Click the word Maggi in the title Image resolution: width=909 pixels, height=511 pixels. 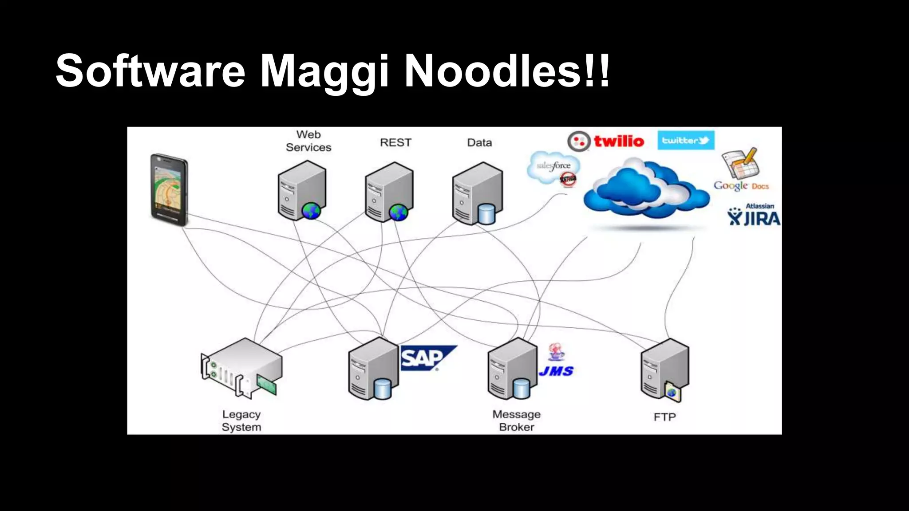[324, 71]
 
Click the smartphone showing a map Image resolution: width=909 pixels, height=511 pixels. [169, 189]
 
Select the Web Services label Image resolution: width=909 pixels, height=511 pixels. [308, 141]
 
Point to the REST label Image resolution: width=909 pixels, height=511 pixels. [395, 142]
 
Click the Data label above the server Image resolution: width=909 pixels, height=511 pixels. [479, 142]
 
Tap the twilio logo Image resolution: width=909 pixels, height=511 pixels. [606, 141]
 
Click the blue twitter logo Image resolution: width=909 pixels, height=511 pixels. [685, 140]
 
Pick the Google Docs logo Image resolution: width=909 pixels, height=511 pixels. [741, 171]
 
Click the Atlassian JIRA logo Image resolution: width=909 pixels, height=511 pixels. [754, 215]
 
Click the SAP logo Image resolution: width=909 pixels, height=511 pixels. [426, 358]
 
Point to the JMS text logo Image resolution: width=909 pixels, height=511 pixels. [556, 371]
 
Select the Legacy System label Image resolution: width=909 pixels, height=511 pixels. [241, 420]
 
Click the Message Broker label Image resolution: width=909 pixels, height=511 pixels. [516, 420]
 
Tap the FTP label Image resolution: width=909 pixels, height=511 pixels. [664, 417]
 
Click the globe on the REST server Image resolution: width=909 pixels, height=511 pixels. [398, 212]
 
